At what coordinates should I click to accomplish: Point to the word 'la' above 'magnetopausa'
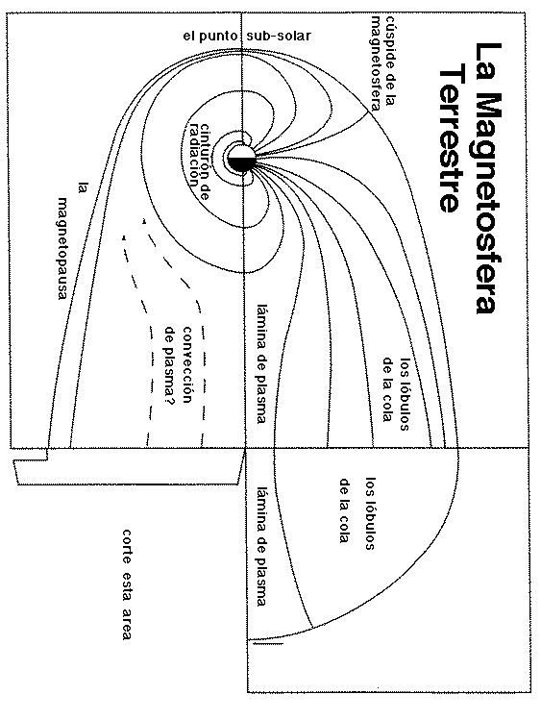84,189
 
